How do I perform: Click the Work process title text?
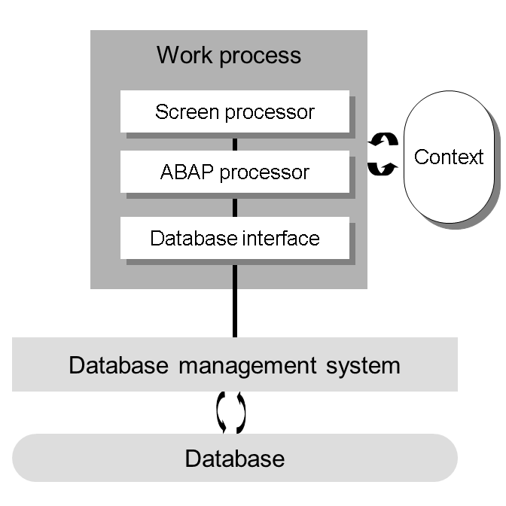(228, 55)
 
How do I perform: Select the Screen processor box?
(234, 112)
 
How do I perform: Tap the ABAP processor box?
(234, 172)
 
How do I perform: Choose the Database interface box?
(234, 239)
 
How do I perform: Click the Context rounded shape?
(449, 157)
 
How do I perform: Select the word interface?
(281, 239)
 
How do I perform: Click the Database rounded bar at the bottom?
(234, 459)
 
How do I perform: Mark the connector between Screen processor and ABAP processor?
(235, 144)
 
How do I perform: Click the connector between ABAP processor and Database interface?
(235, 206)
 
